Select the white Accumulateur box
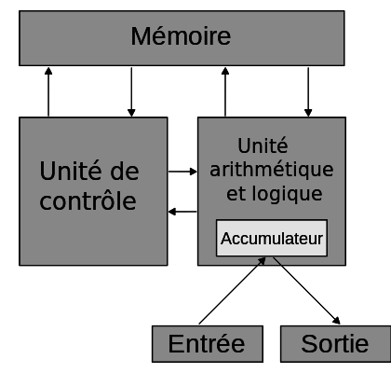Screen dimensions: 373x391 click(x=272, y=240)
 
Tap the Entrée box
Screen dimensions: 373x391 click(x=206, y=344)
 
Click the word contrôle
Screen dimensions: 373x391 click(x=89, y=200)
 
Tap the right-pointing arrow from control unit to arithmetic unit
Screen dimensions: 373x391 click(x=183, y=172)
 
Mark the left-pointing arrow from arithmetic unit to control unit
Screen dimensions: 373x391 click(x=183, y=213)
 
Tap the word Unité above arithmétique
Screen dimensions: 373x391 click(x=262, y=146)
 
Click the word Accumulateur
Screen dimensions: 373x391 click(x=272, y=240)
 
